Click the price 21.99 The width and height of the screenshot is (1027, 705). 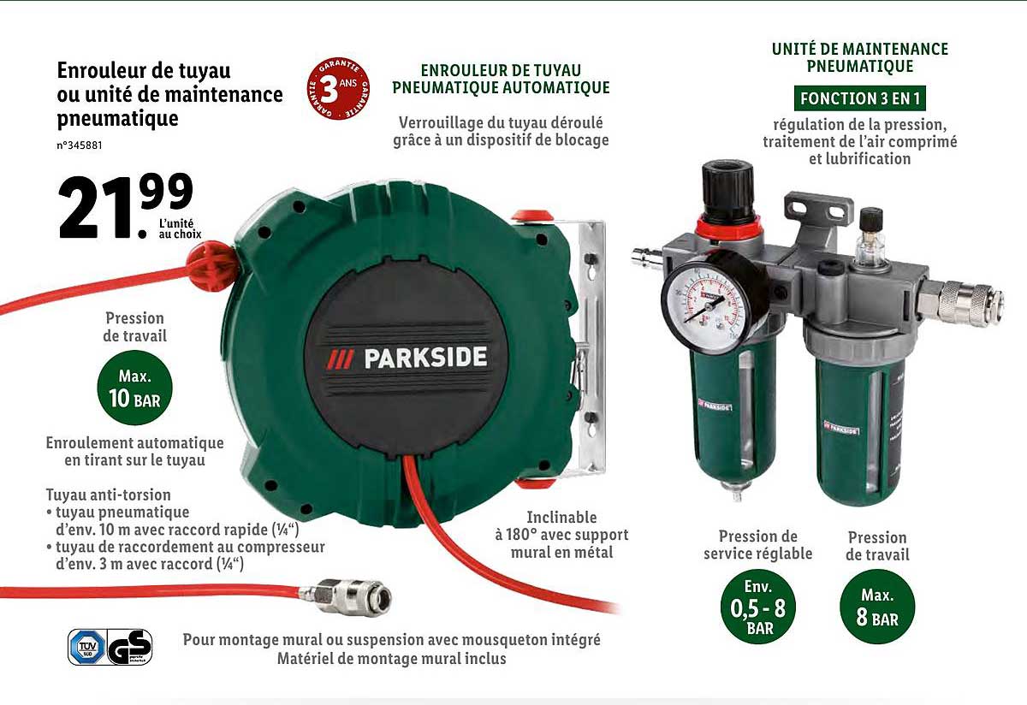[x=125, y=206]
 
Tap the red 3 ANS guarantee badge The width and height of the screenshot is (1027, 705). [x=338, y=90]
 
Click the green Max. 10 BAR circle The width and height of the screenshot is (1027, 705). [x=134, y=388]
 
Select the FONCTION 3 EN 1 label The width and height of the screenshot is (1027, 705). [x=860, y=98]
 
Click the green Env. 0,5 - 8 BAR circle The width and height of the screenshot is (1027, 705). [x=757, y=607]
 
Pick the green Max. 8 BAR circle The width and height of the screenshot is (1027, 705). [x=876, y=607]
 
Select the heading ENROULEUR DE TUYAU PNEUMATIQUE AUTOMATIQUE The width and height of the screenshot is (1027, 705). [x=501, y=79]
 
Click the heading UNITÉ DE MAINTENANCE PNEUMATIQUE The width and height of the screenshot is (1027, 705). [x=860, y=57]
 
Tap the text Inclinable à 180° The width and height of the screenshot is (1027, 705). [x=561, y=526]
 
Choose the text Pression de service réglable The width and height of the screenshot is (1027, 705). [x=757, y=545]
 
